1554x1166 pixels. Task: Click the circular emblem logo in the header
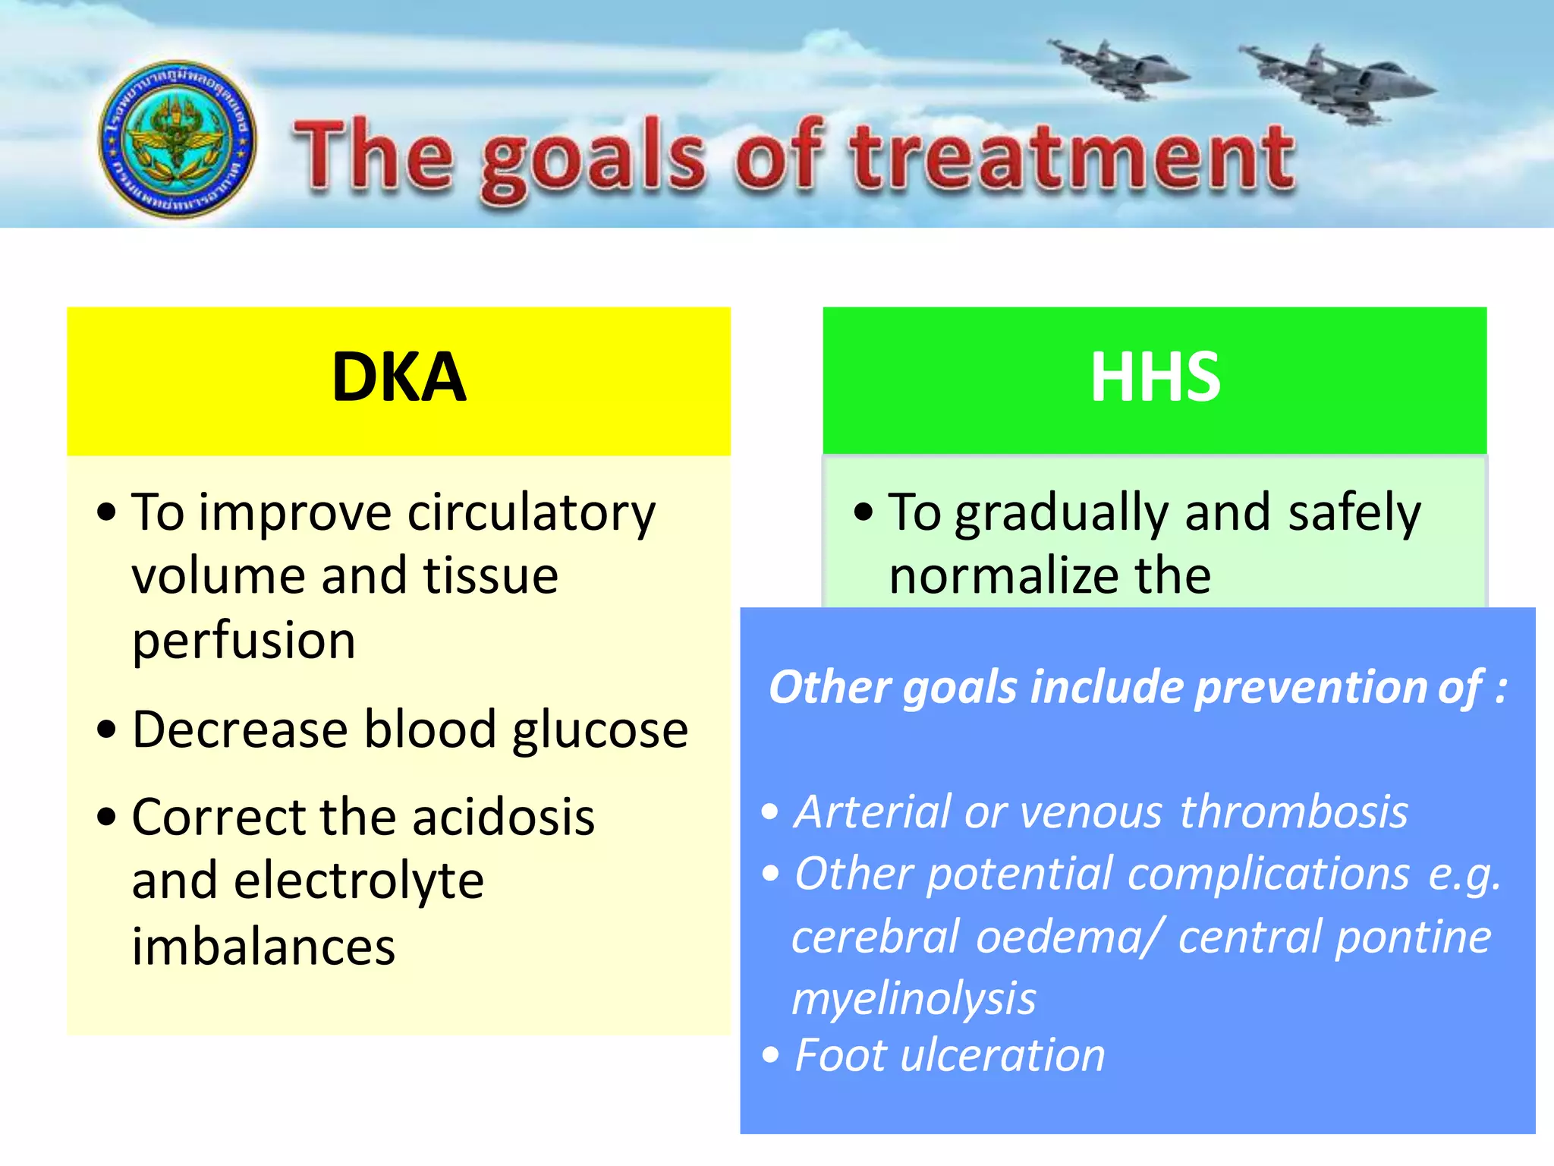pos(178,140)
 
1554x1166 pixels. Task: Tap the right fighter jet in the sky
pos(1337,84)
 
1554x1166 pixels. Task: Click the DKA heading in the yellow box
pos(398,377)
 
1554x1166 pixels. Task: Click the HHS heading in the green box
pos(1155,377)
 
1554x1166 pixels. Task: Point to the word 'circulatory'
pos(531,513)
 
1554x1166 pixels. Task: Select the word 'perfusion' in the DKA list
pos(244,641)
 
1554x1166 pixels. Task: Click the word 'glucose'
pos(599,730)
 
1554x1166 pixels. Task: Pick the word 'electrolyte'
pos(358,881)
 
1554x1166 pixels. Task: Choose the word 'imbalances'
pos(263,947)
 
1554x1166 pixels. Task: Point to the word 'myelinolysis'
pos(914,998)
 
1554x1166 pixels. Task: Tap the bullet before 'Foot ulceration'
pos(771,1055)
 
